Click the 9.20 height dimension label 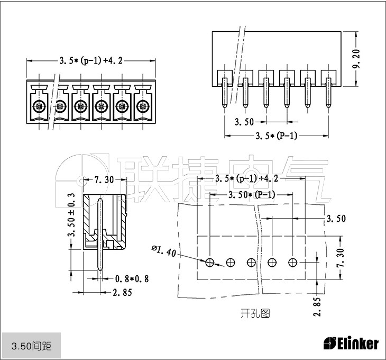pyautogui.click(x=357, y=59)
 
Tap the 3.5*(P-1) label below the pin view pyautogui.click(x=276, y=136)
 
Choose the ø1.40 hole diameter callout pyautogui.click(x=163, y=250)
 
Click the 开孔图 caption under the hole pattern pyautogui.click(x=255, y=313)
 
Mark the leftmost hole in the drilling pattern pyautogui.click(x=210, y=262)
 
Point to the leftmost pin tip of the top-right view pyautogui.click(x=224, y=103)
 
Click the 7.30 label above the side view pyautogui.click(x=104, y=180)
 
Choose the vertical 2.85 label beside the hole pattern pyautogui.click(x=317, y=307)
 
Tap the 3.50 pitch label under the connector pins pyautogui.click(x=244, y=122)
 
